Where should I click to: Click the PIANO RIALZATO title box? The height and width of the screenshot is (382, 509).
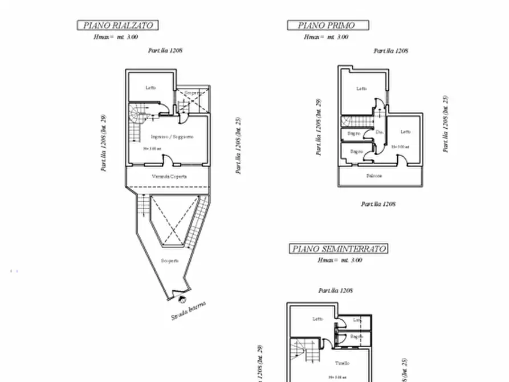click(117, 25)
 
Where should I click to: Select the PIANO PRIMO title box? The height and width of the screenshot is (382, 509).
click(327, 25)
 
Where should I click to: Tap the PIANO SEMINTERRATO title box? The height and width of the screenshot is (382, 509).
click(339, 249)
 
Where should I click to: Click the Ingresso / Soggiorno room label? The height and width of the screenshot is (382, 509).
click(172, 137)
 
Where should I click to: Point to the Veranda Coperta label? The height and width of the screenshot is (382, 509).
click(169, 176)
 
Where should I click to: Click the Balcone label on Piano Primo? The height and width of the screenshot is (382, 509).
click(374, 176)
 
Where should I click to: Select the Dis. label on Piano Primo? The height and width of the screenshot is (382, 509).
click(379, 132)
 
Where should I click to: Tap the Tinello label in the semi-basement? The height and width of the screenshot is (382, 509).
click(342, 363)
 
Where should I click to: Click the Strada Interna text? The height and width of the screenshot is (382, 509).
click(189, 311)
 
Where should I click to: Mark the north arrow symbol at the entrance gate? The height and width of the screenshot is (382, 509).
click(181, 298)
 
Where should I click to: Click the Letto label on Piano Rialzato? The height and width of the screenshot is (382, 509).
click(150, 87)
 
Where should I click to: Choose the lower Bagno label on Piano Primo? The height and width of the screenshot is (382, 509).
click(356, 151)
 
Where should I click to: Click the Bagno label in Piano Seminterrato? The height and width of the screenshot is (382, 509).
click(357, 337)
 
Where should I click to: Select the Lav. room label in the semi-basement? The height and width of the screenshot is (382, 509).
click(357, 320)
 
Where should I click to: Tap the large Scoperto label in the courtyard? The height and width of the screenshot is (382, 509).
click(169, 261)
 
